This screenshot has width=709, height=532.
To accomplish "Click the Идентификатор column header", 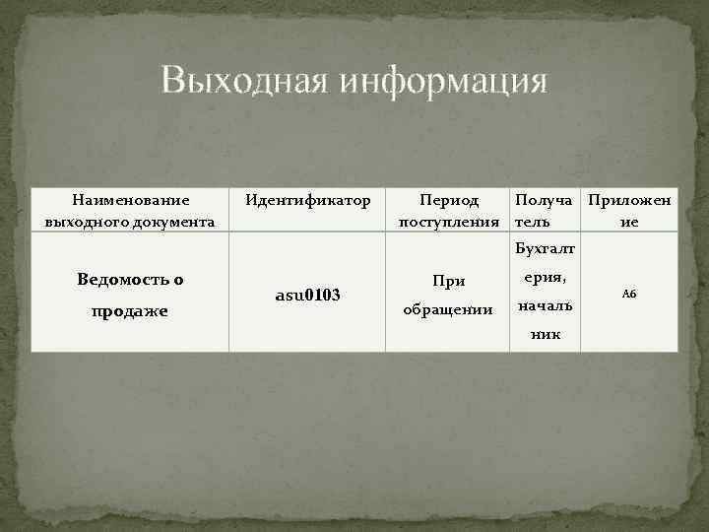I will [x=308, y=201].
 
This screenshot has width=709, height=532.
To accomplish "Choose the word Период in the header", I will [x=449, y=201].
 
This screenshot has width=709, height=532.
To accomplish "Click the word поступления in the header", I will [x=449, y=222].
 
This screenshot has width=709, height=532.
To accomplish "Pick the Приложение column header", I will [x=629, y=211].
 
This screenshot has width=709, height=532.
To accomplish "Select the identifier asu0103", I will [x=307, y=296].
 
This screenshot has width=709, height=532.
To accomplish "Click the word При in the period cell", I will [x=449, y=281].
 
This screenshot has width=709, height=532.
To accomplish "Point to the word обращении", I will [x=449, y=310].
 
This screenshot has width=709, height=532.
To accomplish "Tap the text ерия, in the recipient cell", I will [x=546, y=280].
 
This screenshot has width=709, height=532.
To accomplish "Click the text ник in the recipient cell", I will [x=545, y=334].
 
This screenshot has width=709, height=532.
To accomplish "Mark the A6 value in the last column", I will [x=629, y=294].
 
